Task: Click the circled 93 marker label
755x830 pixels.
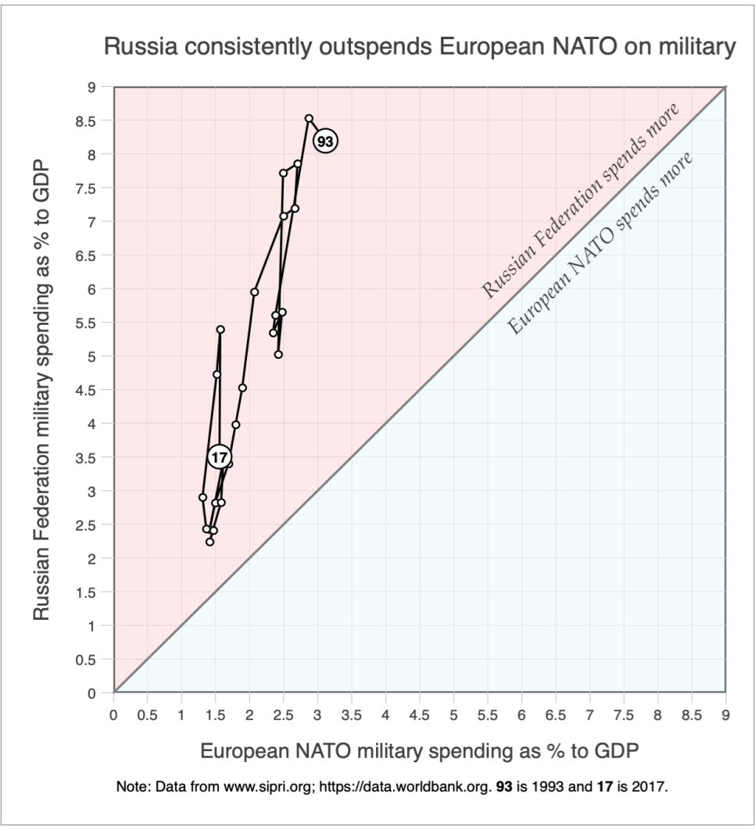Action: pos(325,141)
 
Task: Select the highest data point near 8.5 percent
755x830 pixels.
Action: pos(309,118)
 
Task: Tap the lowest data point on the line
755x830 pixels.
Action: pos(209,542)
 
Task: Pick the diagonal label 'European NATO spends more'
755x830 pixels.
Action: pos(601,244)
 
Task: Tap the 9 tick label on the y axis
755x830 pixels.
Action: pos(100,88)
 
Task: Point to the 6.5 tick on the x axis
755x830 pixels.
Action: pos(555,714)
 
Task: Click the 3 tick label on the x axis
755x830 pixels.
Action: pos(317,714)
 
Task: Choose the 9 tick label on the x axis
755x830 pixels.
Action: pos(726,714)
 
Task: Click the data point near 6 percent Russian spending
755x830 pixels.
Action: pos(254,292)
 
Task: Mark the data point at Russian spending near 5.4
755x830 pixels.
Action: pos(220,329)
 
